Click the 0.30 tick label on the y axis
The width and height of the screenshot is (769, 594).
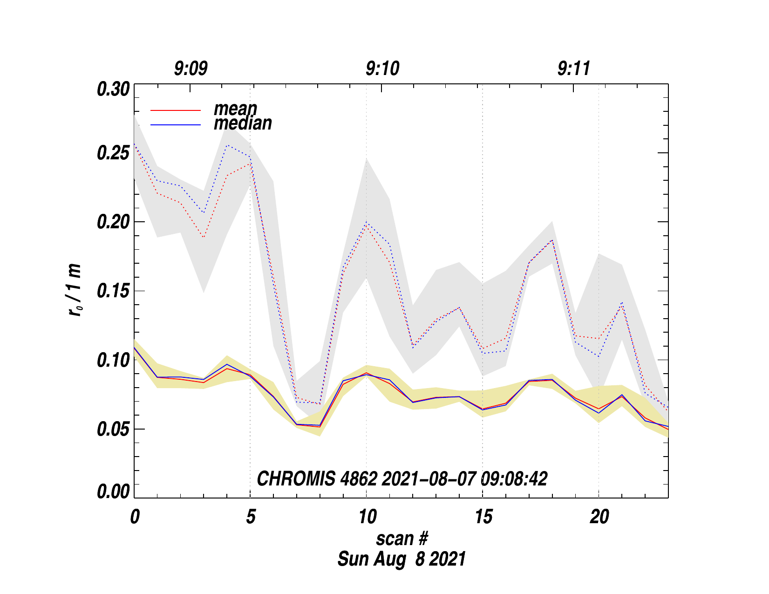coord(113,89)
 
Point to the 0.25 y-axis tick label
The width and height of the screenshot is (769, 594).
coord(113,153)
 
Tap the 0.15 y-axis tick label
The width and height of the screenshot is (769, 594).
coord(113,291)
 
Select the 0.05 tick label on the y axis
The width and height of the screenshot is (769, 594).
coord(113,429)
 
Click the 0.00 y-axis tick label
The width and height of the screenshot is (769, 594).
coord(113,492)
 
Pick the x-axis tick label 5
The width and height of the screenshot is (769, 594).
coord(251,517)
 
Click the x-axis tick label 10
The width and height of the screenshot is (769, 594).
coord(367,517)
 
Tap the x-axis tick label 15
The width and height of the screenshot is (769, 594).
coord(483,517)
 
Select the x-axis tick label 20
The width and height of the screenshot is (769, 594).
coord(599,517)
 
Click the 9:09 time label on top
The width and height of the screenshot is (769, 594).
coord(191,69)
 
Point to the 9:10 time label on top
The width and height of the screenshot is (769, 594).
coord(382,69)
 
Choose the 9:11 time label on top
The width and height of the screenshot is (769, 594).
coord(574,69)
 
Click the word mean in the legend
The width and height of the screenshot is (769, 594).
coord(235,109)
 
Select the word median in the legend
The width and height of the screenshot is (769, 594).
coord(243,123)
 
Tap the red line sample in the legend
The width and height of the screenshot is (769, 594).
coord(176,110)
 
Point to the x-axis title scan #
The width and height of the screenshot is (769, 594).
coord(402,539)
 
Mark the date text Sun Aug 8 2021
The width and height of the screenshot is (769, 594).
coord(402,559)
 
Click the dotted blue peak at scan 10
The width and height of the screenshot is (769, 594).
coord(367,222)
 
